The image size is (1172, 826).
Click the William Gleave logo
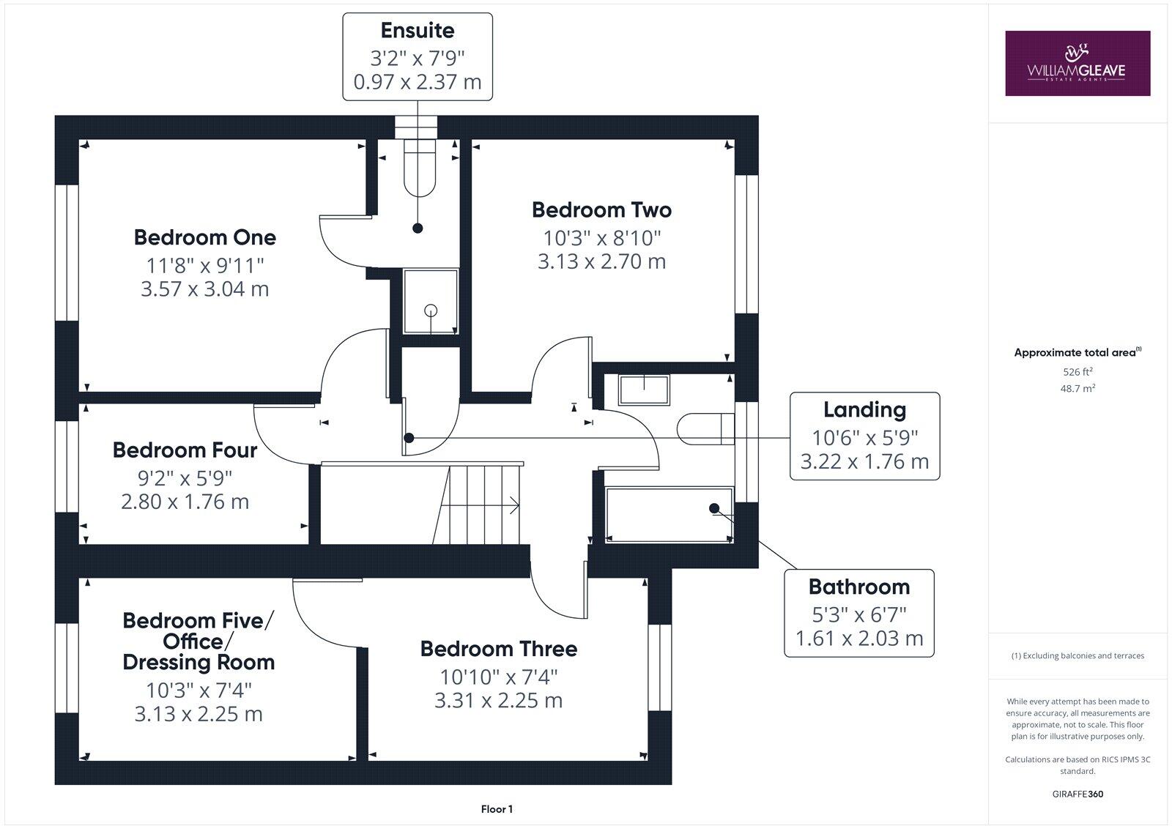click(1077, 63)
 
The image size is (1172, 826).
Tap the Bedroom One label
click(205, 237)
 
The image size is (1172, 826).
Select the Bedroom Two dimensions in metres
click(601, 261)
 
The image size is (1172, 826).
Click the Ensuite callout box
click(418, 57)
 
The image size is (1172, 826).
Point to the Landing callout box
click(864, 436)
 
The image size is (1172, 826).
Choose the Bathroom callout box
click(858, 613)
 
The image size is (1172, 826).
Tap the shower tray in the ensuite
click(431, 302)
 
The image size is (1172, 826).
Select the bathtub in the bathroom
click(669, 515)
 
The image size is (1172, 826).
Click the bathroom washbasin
click(644, 390)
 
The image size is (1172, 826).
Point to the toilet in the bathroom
click(706, 429)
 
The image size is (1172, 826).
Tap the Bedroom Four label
click(185, 450)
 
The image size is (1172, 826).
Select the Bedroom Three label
click(498, 649)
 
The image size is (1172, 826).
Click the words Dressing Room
click(199, 662)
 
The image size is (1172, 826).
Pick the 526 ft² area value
click(1077, 372)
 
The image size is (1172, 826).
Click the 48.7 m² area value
click(1077, 389)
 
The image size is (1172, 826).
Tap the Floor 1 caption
click(497, 809)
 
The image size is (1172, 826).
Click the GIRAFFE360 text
click(1078, 794)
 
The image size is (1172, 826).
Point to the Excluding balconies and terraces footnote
click(1078, 655)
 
